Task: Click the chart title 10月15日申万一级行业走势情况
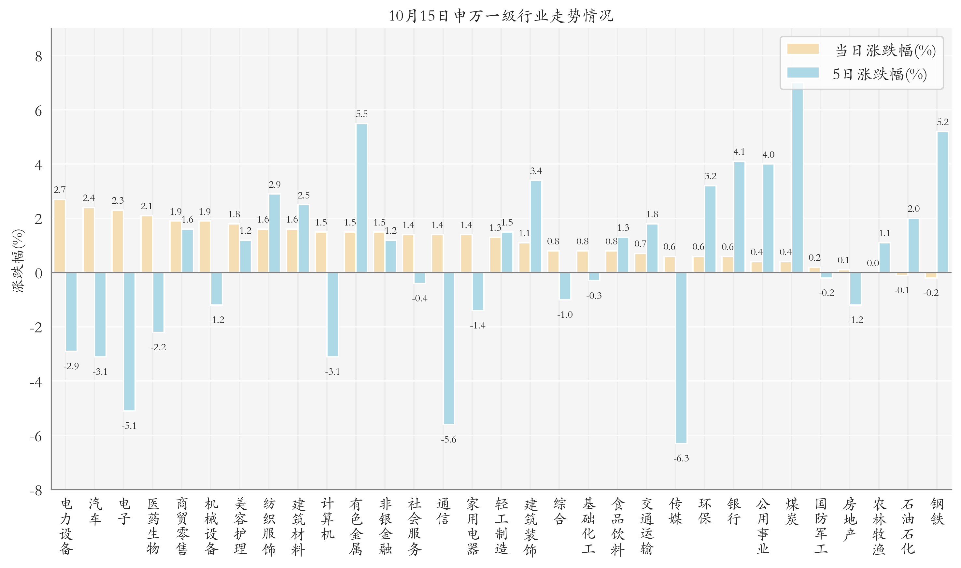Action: (x=501, y=16)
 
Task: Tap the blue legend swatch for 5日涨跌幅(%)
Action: (x=803, y=73)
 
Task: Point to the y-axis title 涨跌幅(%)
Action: (x=18, y=261)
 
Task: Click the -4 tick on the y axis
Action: (x=36, y=382)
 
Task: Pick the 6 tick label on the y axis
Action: (x=38, y=111)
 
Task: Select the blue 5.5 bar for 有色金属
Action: (x=361, y=198)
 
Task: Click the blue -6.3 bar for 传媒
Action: (x=681, y=357)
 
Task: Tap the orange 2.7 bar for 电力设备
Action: (x=60, y=236)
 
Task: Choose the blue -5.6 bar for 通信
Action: (x=448, y=348)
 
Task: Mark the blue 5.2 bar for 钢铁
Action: (x=943, y=202)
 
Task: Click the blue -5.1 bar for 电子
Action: (x=129, y=342)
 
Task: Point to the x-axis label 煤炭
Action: (x=792, y=511)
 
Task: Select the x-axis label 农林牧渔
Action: (x=879, y=526)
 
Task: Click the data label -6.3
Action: (x=681, y=458)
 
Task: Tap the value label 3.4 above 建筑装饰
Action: (x=536, y=171)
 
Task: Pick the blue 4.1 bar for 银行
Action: (x=739, y=217)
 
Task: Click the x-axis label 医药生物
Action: (x=153, y=526)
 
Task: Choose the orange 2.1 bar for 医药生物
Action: (x=147, y=244)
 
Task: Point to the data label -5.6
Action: (x=448, y=439)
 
